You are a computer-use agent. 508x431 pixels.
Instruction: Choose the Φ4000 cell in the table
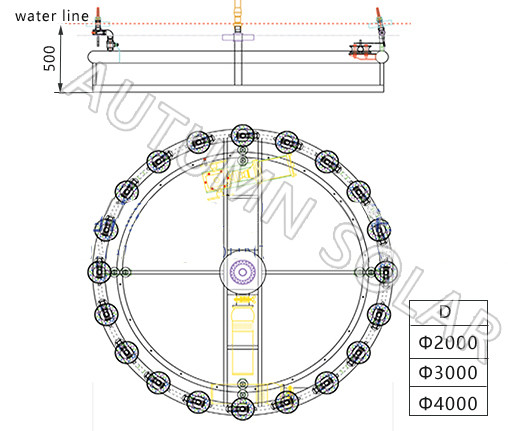pyautogui.click(x=447, y=403)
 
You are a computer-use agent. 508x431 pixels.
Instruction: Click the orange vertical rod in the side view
pyautogui.click(x=237, y=14)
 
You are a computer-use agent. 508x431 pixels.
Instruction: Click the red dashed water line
pyautogui.click(x=300, y=23)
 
